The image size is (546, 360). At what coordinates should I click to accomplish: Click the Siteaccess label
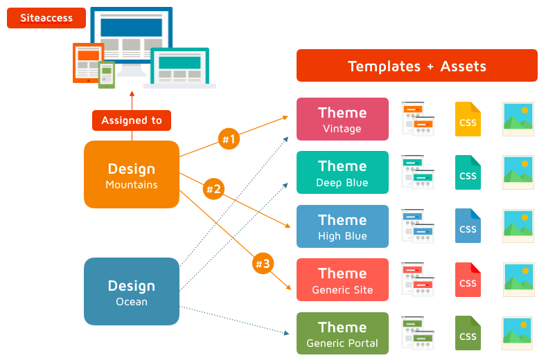[46, 18]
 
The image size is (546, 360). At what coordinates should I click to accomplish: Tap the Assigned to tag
[132, 120]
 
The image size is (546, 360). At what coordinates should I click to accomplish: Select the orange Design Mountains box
[132, 174]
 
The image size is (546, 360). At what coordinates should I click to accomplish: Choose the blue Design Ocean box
[132, 291]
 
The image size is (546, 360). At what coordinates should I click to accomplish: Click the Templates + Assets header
[416, 66]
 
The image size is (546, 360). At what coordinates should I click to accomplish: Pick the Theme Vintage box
[342, 119]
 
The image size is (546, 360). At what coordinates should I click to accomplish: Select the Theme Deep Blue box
[342, 172]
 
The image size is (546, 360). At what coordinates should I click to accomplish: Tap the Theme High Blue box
[342, 226]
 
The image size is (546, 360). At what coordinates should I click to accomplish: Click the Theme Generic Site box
[342, 280]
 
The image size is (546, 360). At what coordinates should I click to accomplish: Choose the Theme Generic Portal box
[342, 334]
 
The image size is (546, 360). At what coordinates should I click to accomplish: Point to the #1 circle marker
[228, 139]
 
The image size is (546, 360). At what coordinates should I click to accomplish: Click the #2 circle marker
[213, 188]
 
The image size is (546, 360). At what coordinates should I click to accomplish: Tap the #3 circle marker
[263, 264]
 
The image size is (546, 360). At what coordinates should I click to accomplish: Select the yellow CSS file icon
[468, 119]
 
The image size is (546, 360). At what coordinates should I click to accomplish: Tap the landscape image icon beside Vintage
[518, 118]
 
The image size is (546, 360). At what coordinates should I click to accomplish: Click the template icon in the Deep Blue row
[418, 172]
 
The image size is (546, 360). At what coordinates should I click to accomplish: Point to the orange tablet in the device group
[88, 63]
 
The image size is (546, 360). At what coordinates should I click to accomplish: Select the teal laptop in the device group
[180, 68]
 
